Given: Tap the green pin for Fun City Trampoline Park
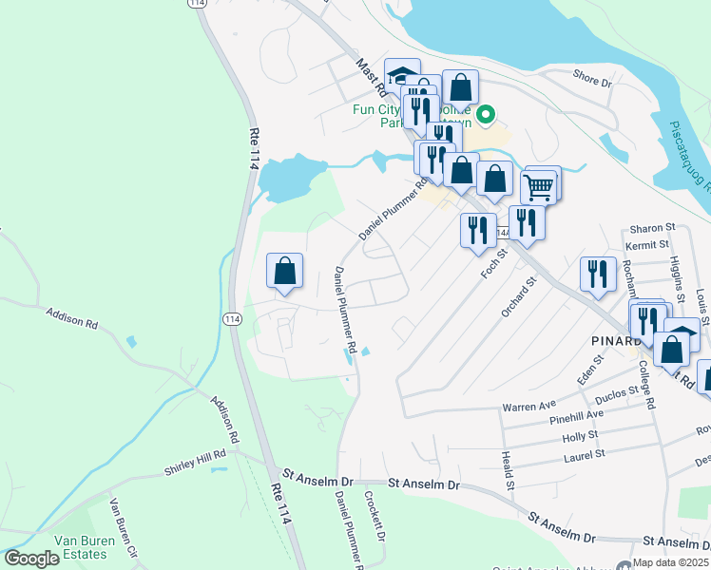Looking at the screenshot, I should (486, 115).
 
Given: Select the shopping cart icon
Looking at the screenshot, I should (538, 189).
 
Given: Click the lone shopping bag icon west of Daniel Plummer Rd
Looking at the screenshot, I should (284, 272).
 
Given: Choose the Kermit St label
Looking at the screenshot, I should (649, 245).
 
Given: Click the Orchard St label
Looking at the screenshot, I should (519, 295).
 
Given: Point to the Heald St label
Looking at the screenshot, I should (508, 471).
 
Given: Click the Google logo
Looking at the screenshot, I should (31, 559).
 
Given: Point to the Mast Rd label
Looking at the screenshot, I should (370, 77).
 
